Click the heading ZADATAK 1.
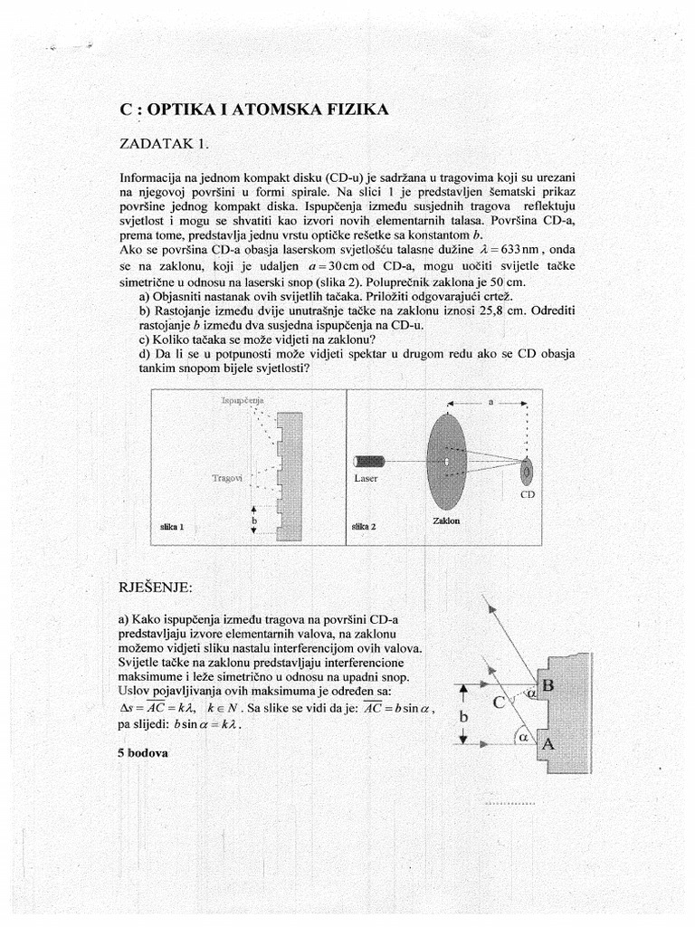pos(169,143)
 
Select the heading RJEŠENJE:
pos(156,587)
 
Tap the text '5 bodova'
pos(143,752)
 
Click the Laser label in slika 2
pos(367,478)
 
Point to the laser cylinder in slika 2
pos(371,462)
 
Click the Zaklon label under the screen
pos(445,521)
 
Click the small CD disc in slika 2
pos(527,471)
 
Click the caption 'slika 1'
pos(172,526)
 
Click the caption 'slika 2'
pos(363,526)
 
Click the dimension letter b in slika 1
pos(254,522)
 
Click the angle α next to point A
pos(523,736)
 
